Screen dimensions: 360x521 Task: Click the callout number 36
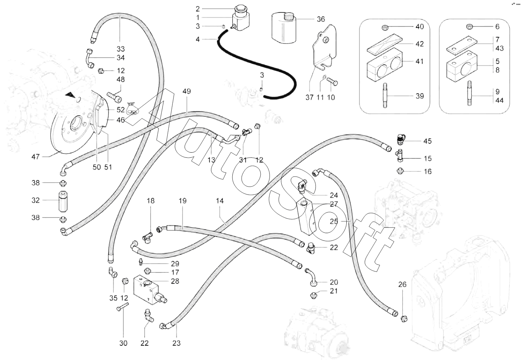coord(321,19)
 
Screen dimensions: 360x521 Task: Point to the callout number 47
coord(35,157)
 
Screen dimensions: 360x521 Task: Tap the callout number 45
coord(427,141)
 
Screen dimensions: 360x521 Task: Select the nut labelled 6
coord(469,26)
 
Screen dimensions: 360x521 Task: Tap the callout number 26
coord(403,284)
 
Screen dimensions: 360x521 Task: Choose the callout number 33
coord(121,49)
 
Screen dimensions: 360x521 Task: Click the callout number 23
coord(176,343)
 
